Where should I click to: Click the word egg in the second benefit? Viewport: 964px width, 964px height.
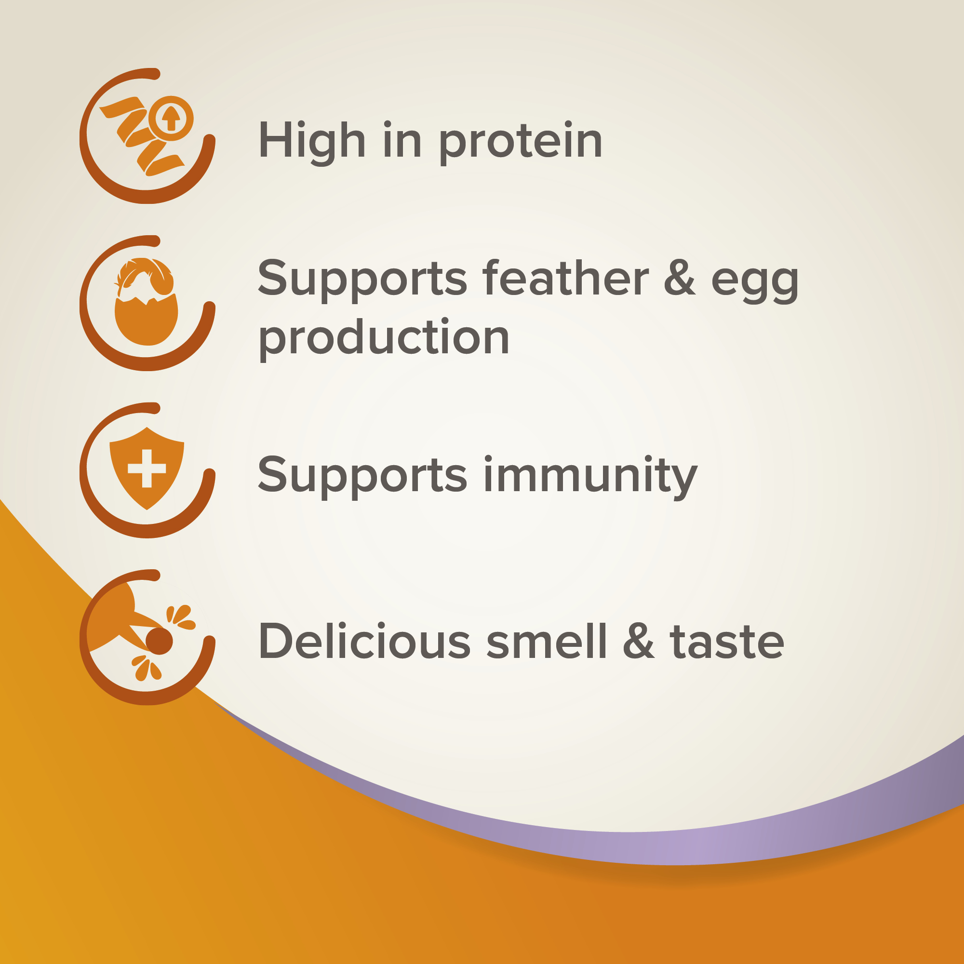tap(754, 284)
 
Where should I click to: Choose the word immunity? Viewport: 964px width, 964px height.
tap(590, 476)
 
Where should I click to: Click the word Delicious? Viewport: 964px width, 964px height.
tap(364, 641)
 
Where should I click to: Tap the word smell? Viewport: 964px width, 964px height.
tap(547, 641)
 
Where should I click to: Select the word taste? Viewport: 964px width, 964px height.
tap(727, 643)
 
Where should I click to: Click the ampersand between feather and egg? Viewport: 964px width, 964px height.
tap(680, 279)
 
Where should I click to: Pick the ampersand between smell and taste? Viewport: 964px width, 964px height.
tap(639, 641)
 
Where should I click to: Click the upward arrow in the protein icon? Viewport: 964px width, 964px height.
tap(171, 119)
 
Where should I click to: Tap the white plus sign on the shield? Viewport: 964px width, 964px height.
tap(147, 468)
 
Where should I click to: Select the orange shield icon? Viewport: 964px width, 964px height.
tap(147, 468)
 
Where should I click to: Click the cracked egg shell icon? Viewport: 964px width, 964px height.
tap(146, 320)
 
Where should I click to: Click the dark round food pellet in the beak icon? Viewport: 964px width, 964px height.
tap(159, 641)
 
